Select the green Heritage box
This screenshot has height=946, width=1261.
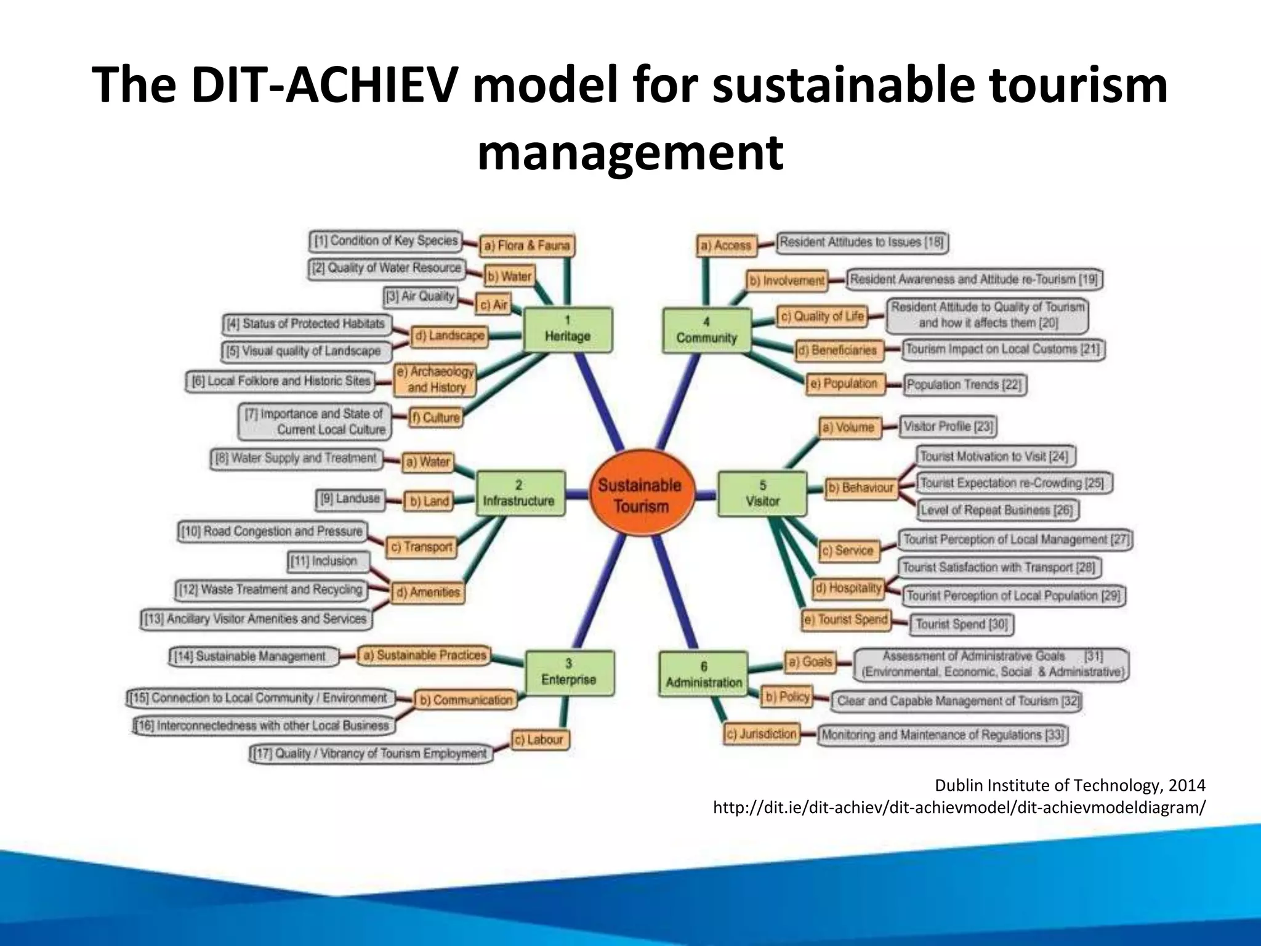point(567,329)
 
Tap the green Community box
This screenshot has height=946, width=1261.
point(706,331)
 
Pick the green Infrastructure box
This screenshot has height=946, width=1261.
point(519,493)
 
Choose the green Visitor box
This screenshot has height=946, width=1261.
point(762,493)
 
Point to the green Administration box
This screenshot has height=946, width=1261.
point(704,675)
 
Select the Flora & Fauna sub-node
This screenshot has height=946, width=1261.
point(526,246)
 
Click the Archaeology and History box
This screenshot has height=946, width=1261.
point(435,379)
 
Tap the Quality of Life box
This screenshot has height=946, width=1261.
point(822,317)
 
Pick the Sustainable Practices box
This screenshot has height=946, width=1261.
point(425,655)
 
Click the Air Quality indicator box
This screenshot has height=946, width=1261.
point(421,297)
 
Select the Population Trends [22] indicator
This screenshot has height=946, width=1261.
point(964,385)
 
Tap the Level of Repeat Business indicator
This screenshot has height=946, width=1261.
point(997,510)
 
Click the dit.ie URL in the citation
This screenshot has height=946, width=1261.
point(959,807)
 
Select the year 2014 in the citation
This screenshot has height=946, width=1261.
point(1186,785)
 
